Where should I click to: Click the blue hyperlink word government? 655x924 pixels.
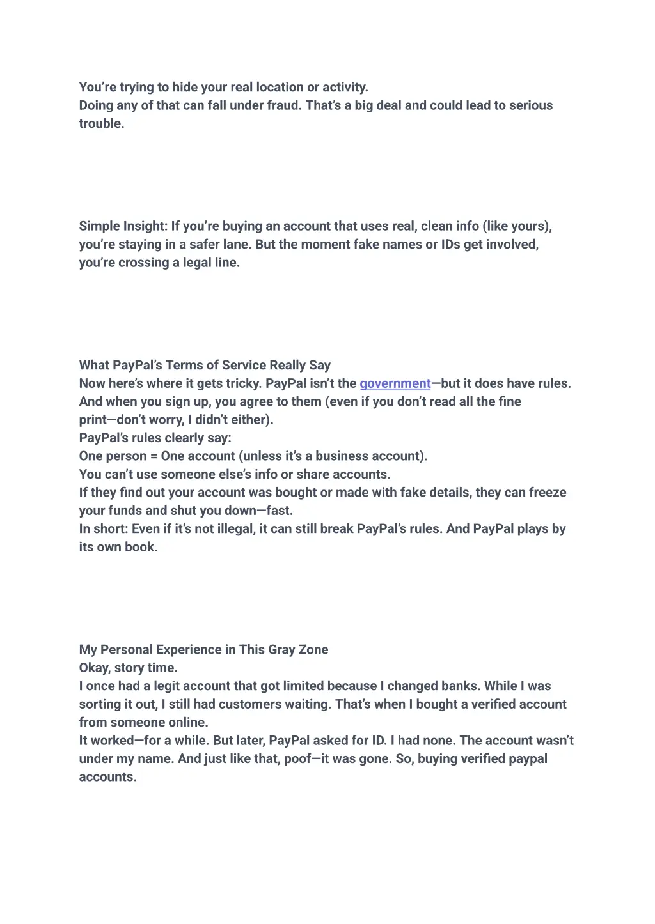tap(395, 383)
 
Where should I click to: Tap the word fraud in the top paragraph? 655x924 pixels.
tap(283, 105)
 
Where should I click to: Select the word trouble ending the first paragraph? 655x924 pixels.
tap(101, 123)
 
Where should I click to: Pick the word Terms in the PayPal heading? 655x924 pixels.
tap(186, 366)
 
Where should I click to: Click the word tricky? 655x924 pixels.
tap(242, 383)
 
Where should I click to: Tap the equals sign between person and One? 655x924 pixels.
tap(154, 456)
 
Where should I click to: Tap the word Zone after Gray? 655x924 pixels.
tap(313, 650)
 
